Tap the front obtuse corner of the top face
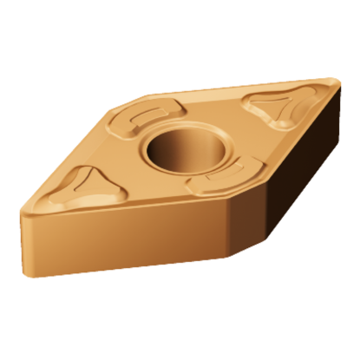pos(228,201)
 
